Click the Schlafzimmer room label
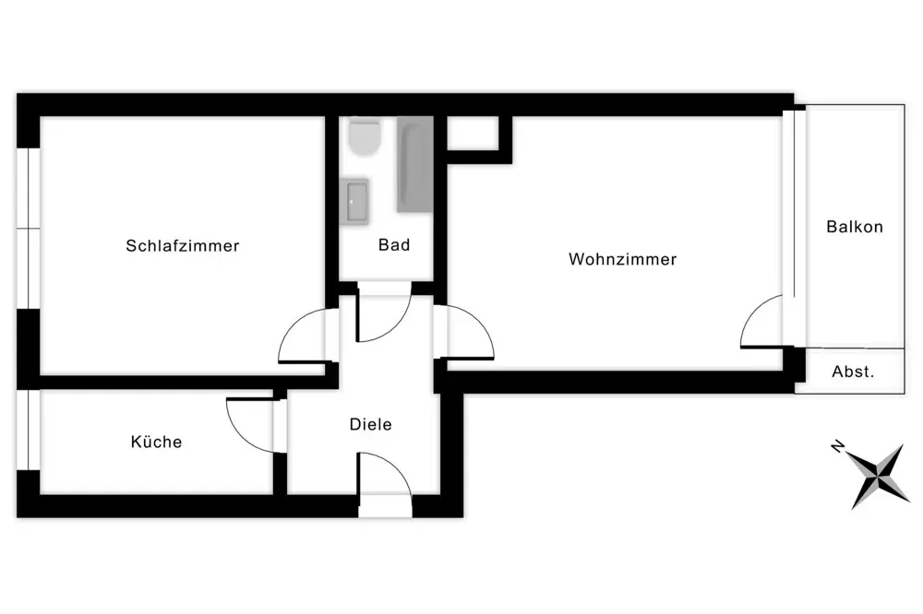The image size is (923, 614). tap(183, 246)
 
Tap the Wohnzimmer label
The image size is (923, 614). tap(622, 260)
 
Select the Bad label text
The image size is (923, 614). tap(394, 245)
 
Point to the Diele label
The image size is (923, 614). tap(370, 425)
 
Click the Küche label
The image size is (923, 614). tap(156, 443)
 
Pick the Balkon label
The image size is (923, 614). tap(855, 227)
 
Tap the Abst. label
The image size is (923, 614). tap(853, 372)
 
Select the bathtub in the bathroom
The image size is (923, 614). tap(414, 164)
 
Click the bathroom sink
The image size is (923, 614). tap(355, 202)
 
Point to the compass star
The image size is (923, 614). tap(876, 474)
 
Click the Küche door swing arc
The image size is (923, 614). tap(251, 424)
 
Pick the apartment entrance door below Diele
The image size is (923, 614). tap(383, 478)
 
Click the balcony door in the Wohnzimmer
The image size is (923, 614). tap(761, 323)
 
